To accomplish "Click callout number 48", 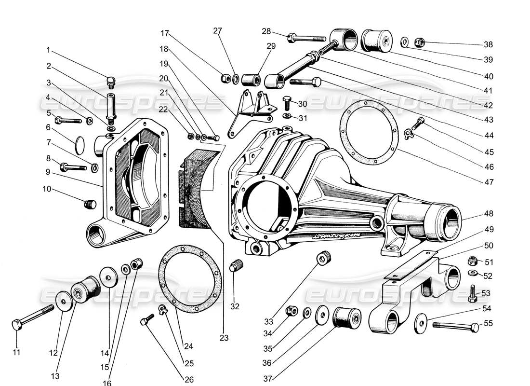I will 489,213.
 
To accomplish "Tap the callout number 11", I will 16,352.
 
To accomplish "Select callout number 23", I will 224,338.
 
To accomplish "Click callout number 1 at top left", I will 48,50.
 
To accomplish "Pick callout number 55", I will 489,323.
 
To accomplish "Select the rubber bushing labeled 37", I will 347,317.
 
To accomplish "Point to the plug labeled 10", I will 90,205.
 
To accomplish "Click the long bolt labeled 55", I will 453,326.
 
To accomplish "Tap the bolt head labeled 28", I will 291,37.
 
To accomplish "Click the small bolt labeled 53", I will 472,293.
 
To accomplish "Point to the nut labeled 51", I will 473,262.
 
